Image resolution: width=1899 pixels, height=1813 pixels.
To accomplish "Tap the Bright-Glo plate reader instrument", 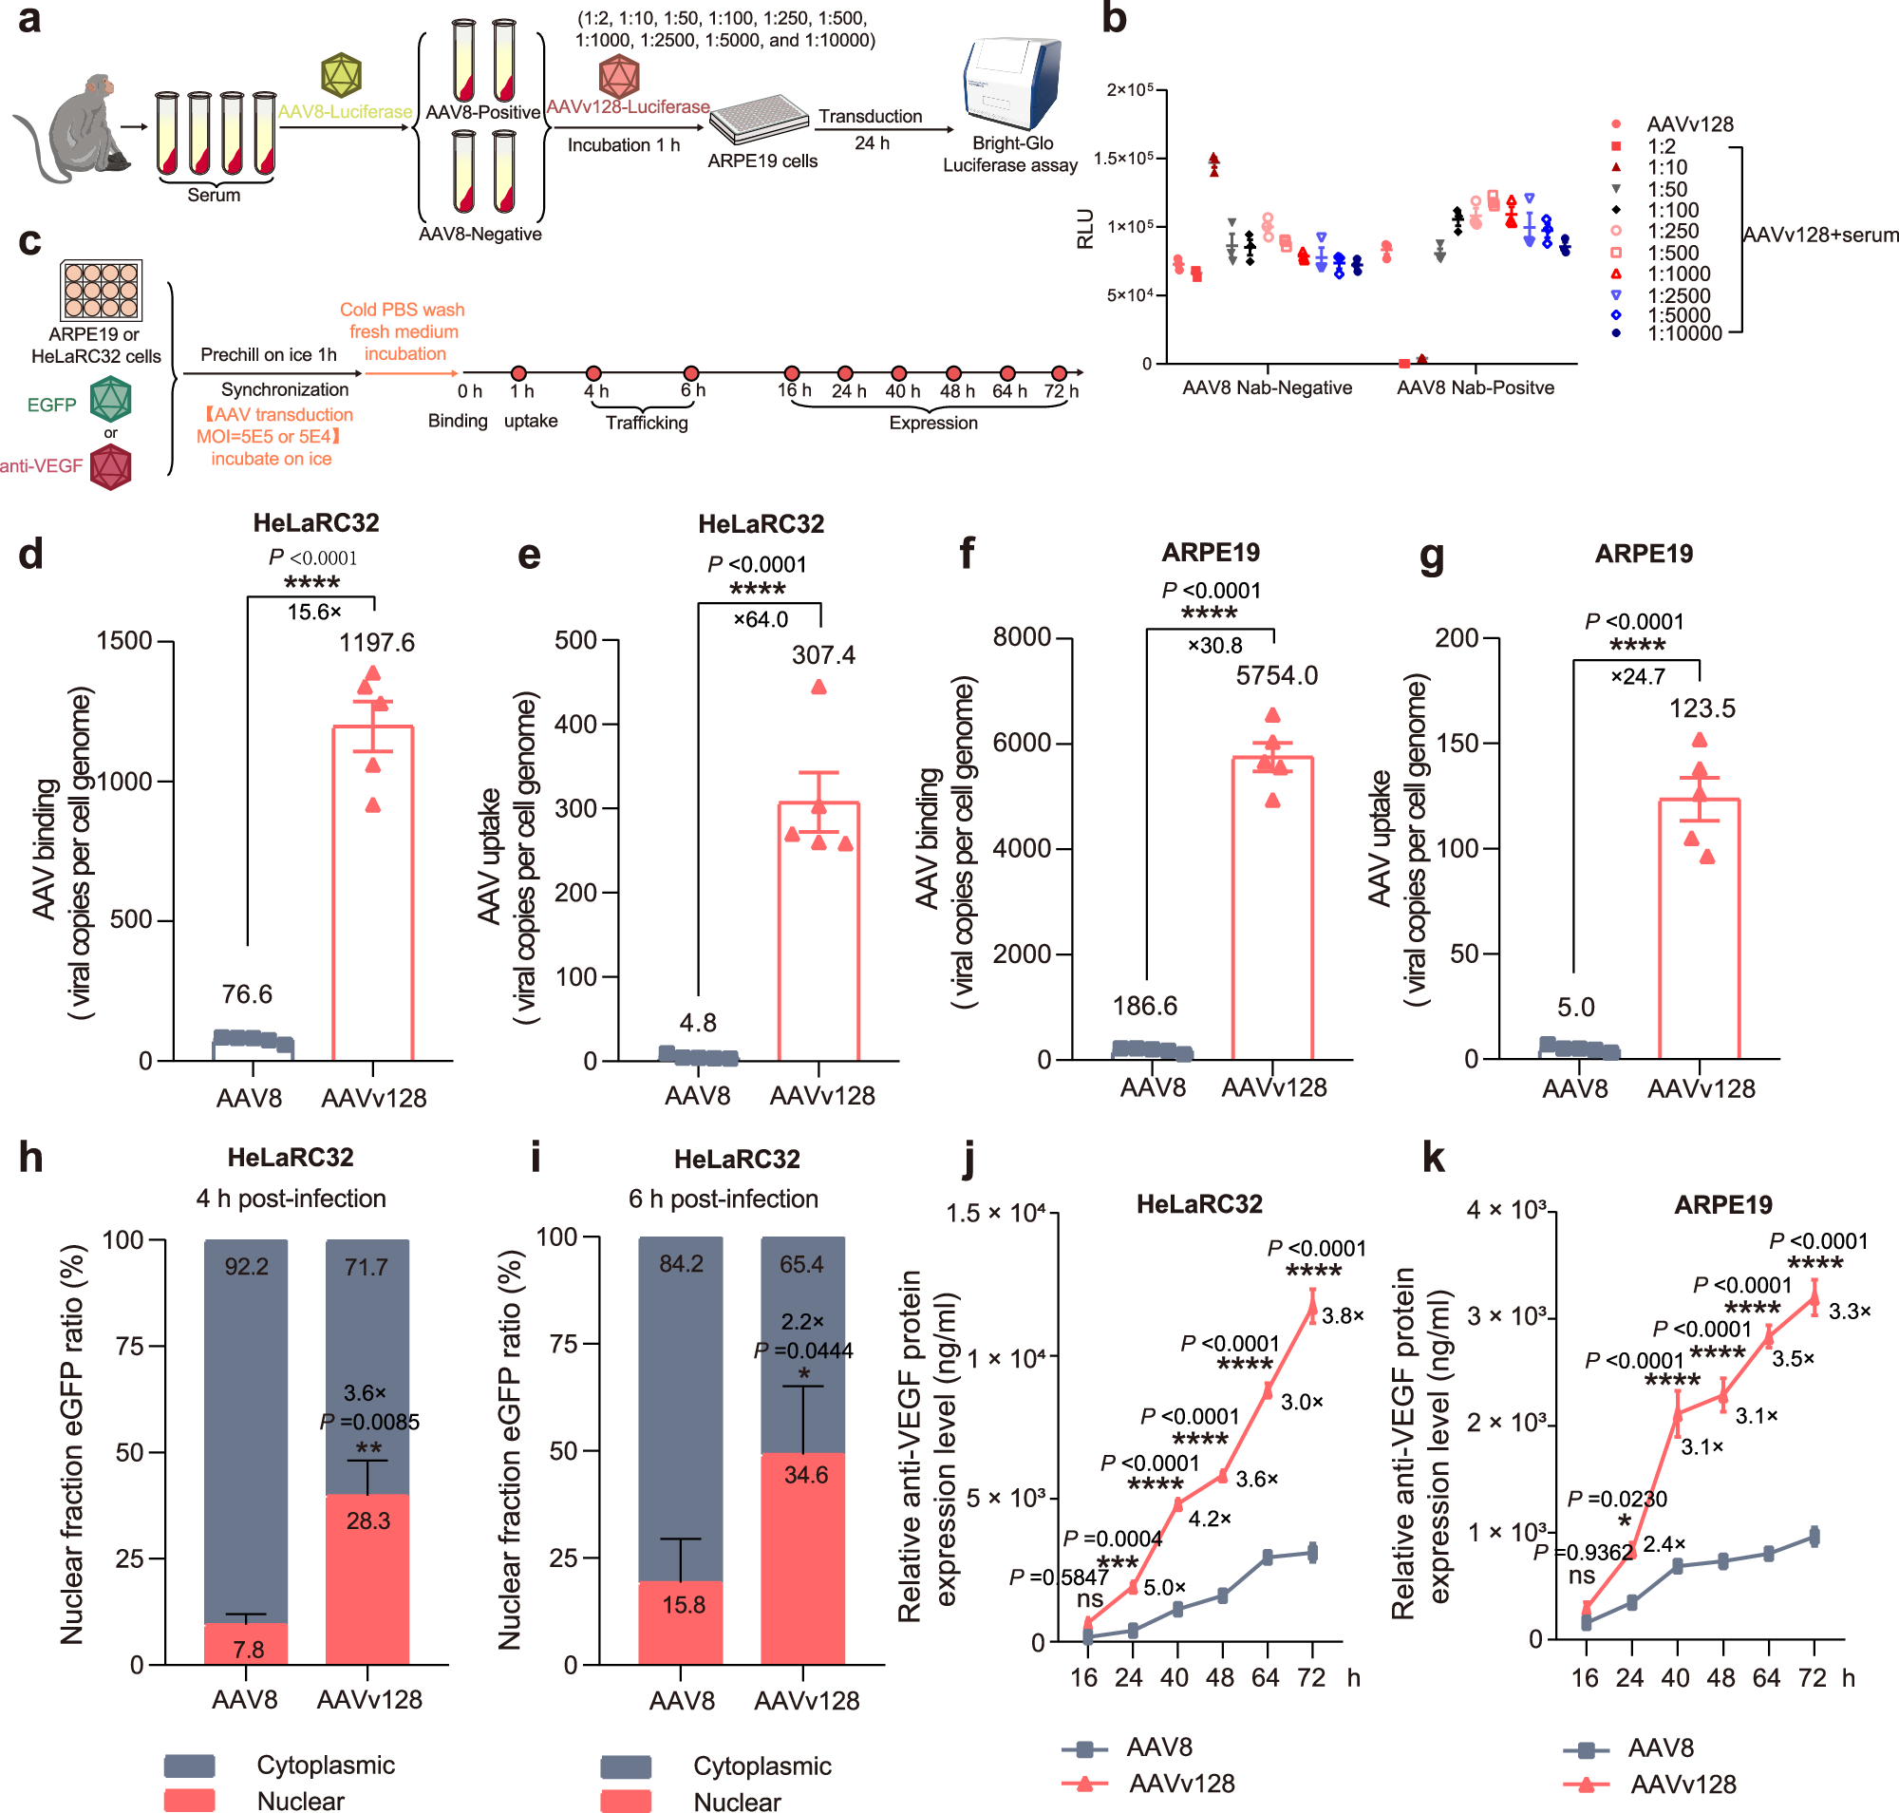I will coord(1012,85).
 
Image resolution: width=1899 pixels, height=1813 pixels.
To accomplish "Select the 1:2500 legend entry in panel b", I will coord(1678,295).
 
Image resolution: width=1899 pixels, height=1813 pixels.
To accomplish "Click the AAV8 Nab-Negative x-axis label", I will coord(1267,387).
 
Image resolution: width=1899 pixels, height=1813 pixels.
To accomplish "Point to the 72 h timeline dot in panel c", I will coord(1060,373).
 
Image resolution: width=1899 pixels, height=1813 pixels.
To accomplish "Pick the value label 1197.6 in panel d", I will coord(376,643).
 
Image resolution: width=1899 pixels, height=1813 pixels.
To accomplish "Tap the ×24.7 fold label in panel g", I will coord(1637,676).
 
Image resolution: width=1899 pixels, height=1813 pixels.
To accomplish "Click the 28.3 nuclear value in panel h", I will coord(368,1521).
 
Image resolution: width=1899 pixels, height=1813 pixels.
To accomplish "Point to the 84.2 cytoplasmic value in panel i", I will coord(681,1264).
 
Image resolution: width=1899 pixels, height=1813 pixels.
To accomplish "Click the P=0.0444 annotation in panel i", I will coord(803,1351).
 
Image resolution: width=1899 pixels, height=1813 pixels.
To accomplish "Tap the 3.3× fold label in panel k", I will coord(1849,1312).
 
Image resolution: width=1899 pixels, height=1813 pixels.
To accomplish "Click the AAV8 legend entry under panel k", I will coord(1660,1748).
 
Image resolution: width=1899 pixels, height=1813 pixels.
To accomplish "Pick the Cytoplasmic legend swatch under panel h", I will coord(189,1766).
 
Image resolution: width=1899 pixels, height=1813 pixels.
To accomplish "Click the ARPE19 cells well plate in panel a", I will coord(760,120).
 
